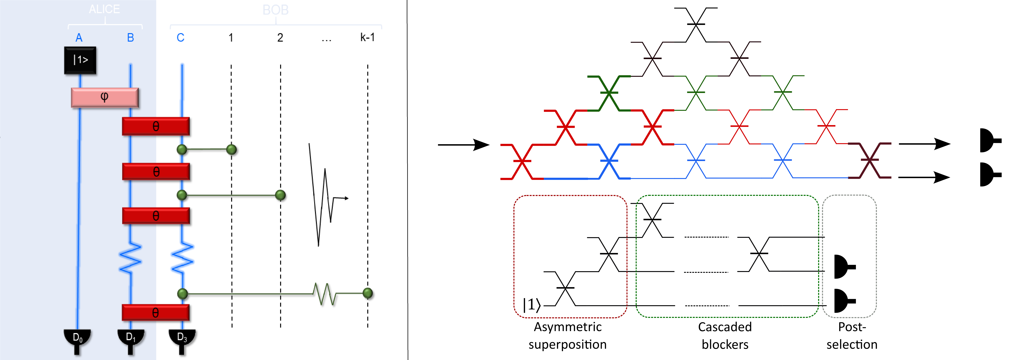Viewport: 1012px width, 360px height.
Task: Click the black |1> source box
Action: [x=80, y=60]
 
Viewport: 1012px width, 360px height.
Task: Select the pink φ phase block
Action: [x=105, y=97]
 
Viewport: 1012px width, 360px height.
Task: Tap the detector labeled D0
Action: [x=77, y=339]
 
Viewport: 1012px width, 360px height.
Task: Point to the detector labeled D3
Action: [x=182, y=339]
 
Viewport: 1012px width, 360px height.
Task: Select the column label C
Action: [x=180, y=38]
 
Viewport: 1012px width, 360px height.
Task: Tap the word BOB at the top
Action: [x=275, y=10]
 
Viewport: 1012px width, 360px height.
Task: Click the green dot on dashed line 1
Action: [x=231, y=149]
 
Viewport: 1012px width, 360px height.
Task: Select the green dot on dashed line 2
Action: [x=280, y=195]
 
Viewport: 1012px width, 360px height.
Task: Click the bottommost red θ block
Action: [x=156, y=313]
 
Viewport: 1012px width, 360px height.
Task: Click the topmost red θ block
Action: [x=156, y=126]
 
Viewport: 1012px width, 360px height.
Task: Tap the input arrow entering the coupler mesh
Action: [x=464, y=145]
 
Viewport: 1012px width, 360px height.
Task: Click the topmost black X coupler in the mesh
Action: [x=696, y=24]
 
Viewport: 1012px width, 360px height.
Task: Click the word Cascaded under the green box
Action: [x=725, y=327]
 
